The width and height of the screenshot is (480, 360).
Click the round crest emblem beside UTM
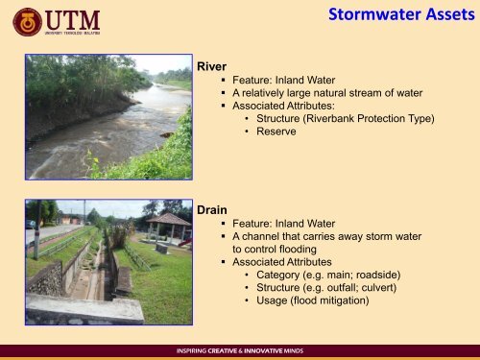click(x=27, y=22)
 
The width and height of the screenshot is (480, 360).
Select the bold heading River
click(x=211, y=67)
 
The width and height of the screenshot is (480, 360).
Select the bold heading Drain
click(x=212, y=209)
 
